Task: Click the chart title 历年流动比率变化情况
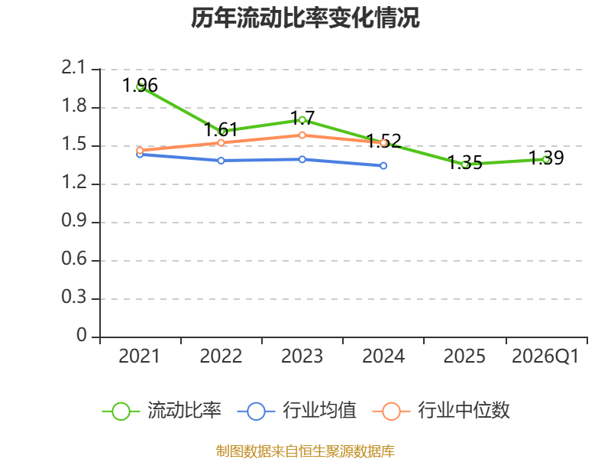[x=305, y=18]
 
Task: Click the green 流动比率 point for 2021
[x=141, y=86]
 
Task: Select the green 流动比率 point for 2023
[x=302, y=119]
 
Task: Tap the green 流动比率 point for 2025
[x=464, y=164]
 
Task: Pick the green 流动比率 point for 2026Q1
[x=546, y=159]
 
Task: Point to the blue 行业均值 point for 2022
[x=221, y=161]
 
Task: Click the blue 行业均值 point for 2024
[x=383, y=165]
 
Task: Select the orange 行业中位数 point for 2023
[x=302, y=135]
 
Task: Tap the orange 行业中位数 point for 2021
[x=140, y=151]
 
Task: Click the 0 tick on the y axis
[x=82, y=337]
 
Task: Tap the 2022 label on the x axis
[x=221, y=356]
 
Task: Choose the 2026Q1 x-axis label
[x=545, y=356]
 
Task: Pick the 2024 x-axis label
[x=383, y=356]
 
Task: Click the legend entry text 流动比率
[x=184, y=411]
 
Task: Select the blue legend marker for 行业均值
[x=256, y=411]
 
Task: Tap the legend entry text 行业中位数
[x=464, y=411]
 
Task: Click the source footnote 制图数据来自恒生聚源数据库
[x=305, y=451]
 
